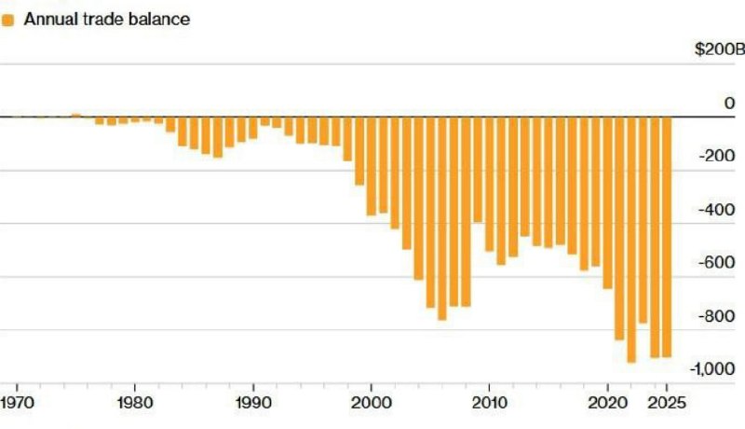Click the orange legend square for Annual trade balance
point(8,19)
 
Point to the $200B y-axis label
point(720,49)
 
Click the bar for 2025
point(667,237)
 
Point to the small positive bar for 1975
point(76,115)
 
